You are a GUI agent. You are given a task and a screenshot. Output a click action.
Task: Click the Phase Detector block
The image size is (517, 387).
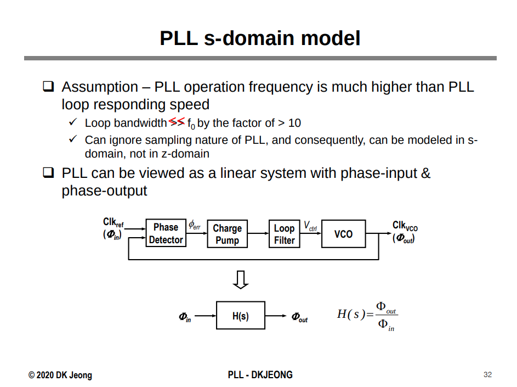click(166, 233)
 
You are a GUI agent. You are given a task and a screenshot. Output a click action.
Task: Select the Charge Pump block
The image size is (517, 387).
click(227, 234)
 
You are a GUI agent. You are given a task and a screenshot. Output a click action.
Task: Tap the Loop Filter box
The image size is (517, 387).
click(284, 234)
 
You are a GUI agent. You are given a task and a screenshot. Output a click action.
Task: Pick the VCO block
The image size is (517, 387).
click(343, 234)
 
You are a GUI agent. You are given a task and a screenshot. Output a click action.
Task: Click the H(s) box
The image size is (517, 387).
click(240, 316)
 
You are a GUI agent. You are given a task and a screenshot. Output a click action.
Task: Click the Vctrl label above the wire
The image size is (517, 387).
click(310, 226)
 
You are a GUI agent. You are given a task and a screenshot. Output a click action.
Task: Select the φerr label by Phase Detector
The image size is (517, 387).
click(195, 225)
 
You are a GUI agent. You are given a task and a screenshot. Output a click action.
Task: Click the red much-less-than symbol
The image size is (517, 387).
click(177, 121)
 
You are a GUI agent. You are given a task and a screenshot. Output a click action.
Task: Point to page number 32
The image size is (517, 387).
click(487, 375)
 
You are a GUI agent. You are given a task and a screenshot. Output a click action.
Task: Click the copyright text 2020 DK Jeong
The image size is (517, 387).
click(60, 375)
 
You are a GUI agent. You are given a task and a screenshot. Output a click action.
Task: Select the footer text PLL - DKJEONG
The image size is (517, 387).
click(260, 375)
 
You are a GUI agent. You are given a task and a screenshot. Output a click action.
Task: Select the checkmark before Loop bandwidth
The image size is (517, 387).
click(72, 122)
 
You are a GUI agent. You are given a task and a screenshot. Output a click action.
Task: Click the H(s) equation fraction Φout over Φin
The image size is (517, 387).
click(385, 316)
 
